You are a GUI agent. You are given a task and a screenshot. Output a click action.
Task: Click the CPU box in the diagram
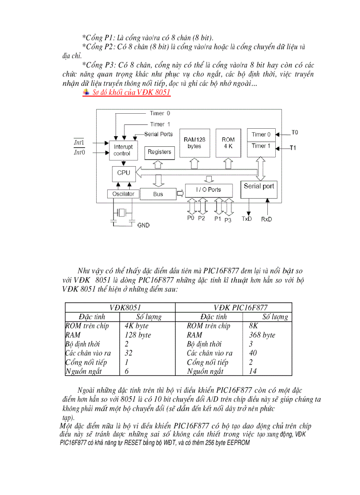point(124,173)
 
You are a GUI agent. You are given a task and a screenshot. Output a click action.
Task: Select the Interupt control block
point(122,150)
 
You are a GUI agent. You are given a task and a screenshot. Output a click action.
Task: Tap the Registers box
point(159,152)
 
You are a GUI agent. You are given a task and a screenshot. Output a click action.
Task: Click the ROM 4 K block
point(228,143)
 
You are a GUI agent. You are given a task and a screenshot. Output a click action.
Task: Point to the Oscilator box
point(123,194)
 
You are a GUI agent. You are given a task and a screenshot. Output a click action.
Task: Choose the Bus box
point(158,194)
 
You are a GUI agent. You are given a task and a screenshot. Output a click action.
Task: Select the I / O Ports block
point(209,190)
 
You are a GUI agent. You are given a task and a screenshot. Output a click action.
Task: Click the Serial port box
point(259,186)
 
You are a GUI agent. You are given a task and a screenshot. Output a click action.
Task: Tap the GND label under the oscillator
point(143,225)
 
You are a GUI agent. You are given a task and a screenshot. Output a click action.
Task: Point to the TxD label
point(247,219)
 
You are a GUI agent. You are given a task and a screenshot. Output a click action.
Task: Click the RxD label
point(266,219)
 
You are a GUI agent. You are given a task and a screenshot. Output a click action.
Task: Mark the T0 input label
point(295,132)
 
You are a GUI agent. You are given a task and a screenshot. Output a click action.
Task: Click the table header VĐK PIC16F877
point(240,308)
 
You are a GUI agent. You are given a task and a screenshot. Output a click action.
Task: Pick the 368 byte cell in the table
point(262,335)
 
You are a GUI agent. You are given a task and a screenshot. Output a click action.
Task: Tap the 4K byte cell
point(136,326)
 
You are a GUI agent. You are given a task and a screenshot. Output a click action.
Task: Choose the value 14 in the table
point(253,371)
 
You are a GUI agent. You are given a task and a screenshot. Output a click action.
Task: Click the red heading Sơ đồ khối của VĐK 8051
point(131,92)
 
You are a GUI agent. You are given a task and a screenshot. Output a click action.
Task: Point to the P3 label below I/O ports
point(228,220)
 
